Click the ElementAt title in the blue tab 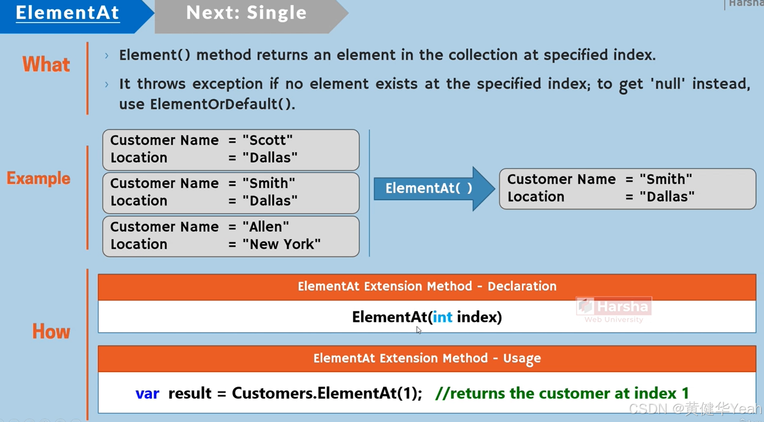[x=67, y=13]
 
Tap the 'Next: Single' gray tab [x=246, y=13]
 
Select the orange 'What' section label [x=46, y=64]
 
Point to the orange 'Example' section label [x=38, y=178]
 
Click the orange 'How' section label [x=51, y=332]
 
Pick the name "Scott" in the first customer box [x=268, y=140]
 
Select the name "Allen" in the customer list [x=266, y=227]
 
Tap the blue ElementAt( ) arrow [x=429, y=188]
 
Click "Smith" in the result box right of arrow [x=666, y=179]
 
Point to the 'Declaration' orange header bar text [x=427, y=286]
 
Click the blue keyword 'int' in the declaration [x=442, y=317]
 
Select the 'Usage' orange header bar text [x=427, y=358]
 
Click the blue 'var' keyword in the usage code [x=147, y=393]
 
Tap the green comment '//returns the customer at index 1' [x=562, y=393]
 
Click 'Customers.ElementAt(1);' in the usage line [x=326, y=393]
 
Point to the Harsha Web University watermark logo [x=614, y=309]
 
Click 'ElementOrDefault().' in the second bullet [x=222, y=104]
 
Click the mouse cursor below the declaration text [x=419, y=330]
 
